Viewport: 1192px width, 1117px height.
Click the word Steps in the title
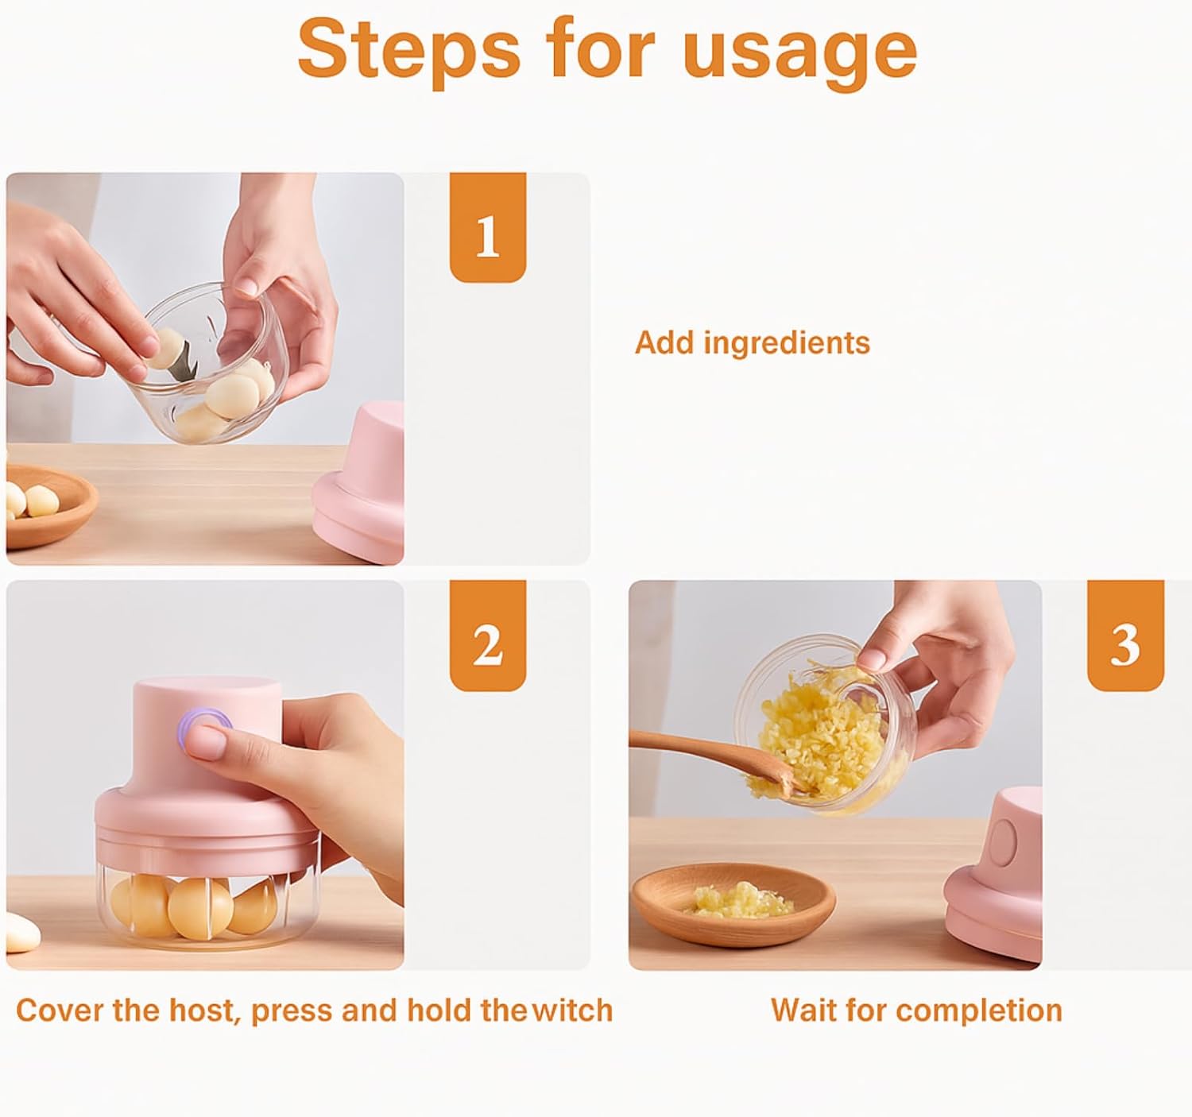408,49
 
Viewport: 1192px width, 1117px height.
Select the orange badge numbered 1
488,227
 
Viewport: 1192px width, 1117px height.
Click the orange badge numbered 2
488,635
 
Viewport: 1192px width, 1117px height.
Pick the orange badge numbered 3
1125,635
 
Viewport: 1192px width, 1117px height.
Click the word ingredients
787,344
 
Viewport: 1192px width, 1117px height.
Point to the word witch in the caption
573,1011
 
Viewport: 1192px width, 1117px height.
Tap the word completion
979,1011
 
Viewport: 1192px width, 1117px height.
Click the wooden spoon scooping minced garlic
714,758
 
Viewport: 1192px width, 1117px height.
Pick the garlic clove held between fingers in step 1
164,348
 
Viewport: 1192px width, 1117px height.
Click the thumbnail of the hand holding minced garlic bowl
835,775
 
